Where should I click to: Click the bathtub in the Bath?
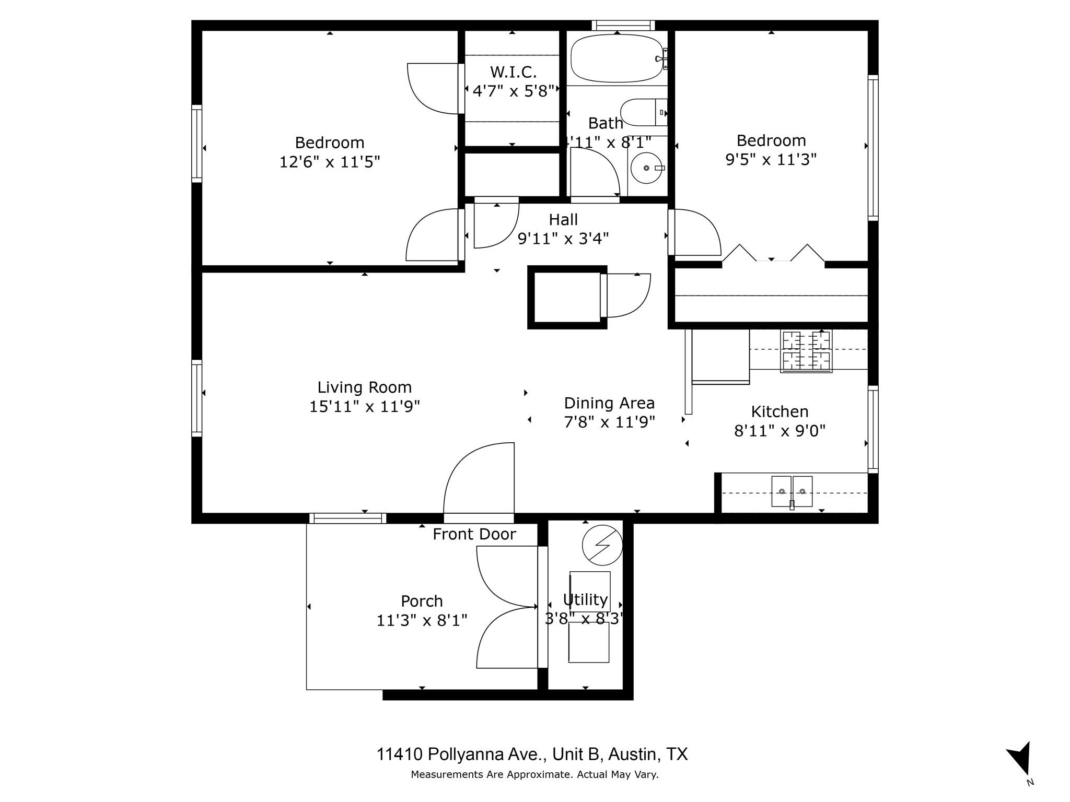(617, 58)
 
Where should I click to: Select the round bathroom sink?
(647, 168)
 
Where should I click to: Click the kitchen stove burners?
(806, 351)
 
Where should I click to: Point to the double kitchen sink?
(792, 491)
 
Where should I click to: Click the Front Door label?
(474, 534)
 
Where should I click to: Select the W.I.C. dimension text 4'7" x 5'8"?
(513, 91)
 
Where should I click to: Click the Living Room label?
(365, 387)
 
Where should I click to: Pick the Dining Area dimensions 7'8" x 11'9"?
(609, 422)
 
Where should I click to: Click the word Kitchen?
(780, 411)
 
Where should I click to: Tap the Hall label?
(563, 219)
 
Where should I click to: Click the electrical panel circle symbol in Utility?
(602, 545)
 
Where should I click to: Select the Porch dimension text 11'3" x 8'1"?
(422, 620)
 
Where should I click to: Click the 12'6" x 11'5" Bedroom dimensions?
(329, 162)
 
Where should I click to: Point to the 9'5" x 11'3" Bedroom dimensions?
(771, 159)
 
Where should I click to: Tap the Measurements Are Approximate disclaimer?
(534, 774)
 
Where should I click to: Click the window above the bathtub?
(623, 25)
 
